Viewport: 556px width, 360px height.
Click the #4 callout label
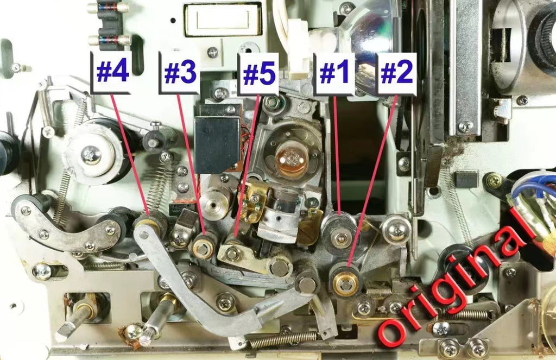(111, 72)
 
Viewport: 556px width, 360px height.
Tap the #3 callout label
(179, 73)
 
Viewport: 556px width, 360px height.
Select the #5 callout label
(258, 74)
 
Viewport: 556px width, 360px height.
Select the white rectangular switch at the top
(223, 19)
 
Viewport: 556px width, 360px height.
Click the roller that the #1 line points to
(340, 232)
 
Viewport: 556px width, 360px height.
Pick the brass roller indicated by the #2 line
(344, 280)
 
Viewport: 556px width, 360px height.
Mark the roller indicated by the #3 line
(205, 245)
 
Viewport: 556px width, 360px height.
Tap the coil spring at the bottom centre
(282, 340)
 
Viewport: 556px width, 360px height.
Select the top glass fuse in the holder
(109, 7)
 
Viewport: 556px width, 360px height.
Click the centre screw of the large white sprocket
(91, 155)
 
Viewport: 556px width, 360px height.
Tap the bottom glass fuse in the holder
(110, 39)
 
